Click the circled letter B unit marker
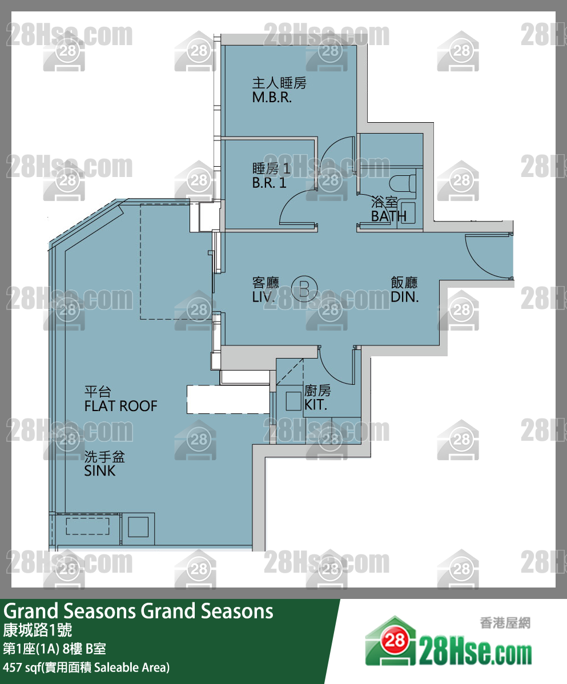point(303,289)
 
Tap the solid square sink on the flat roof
point(138,526)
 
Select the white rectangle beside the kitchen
point(228,399)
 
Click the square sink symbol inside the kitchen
point(294,401)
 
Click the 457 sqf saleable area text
point(86,667)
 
